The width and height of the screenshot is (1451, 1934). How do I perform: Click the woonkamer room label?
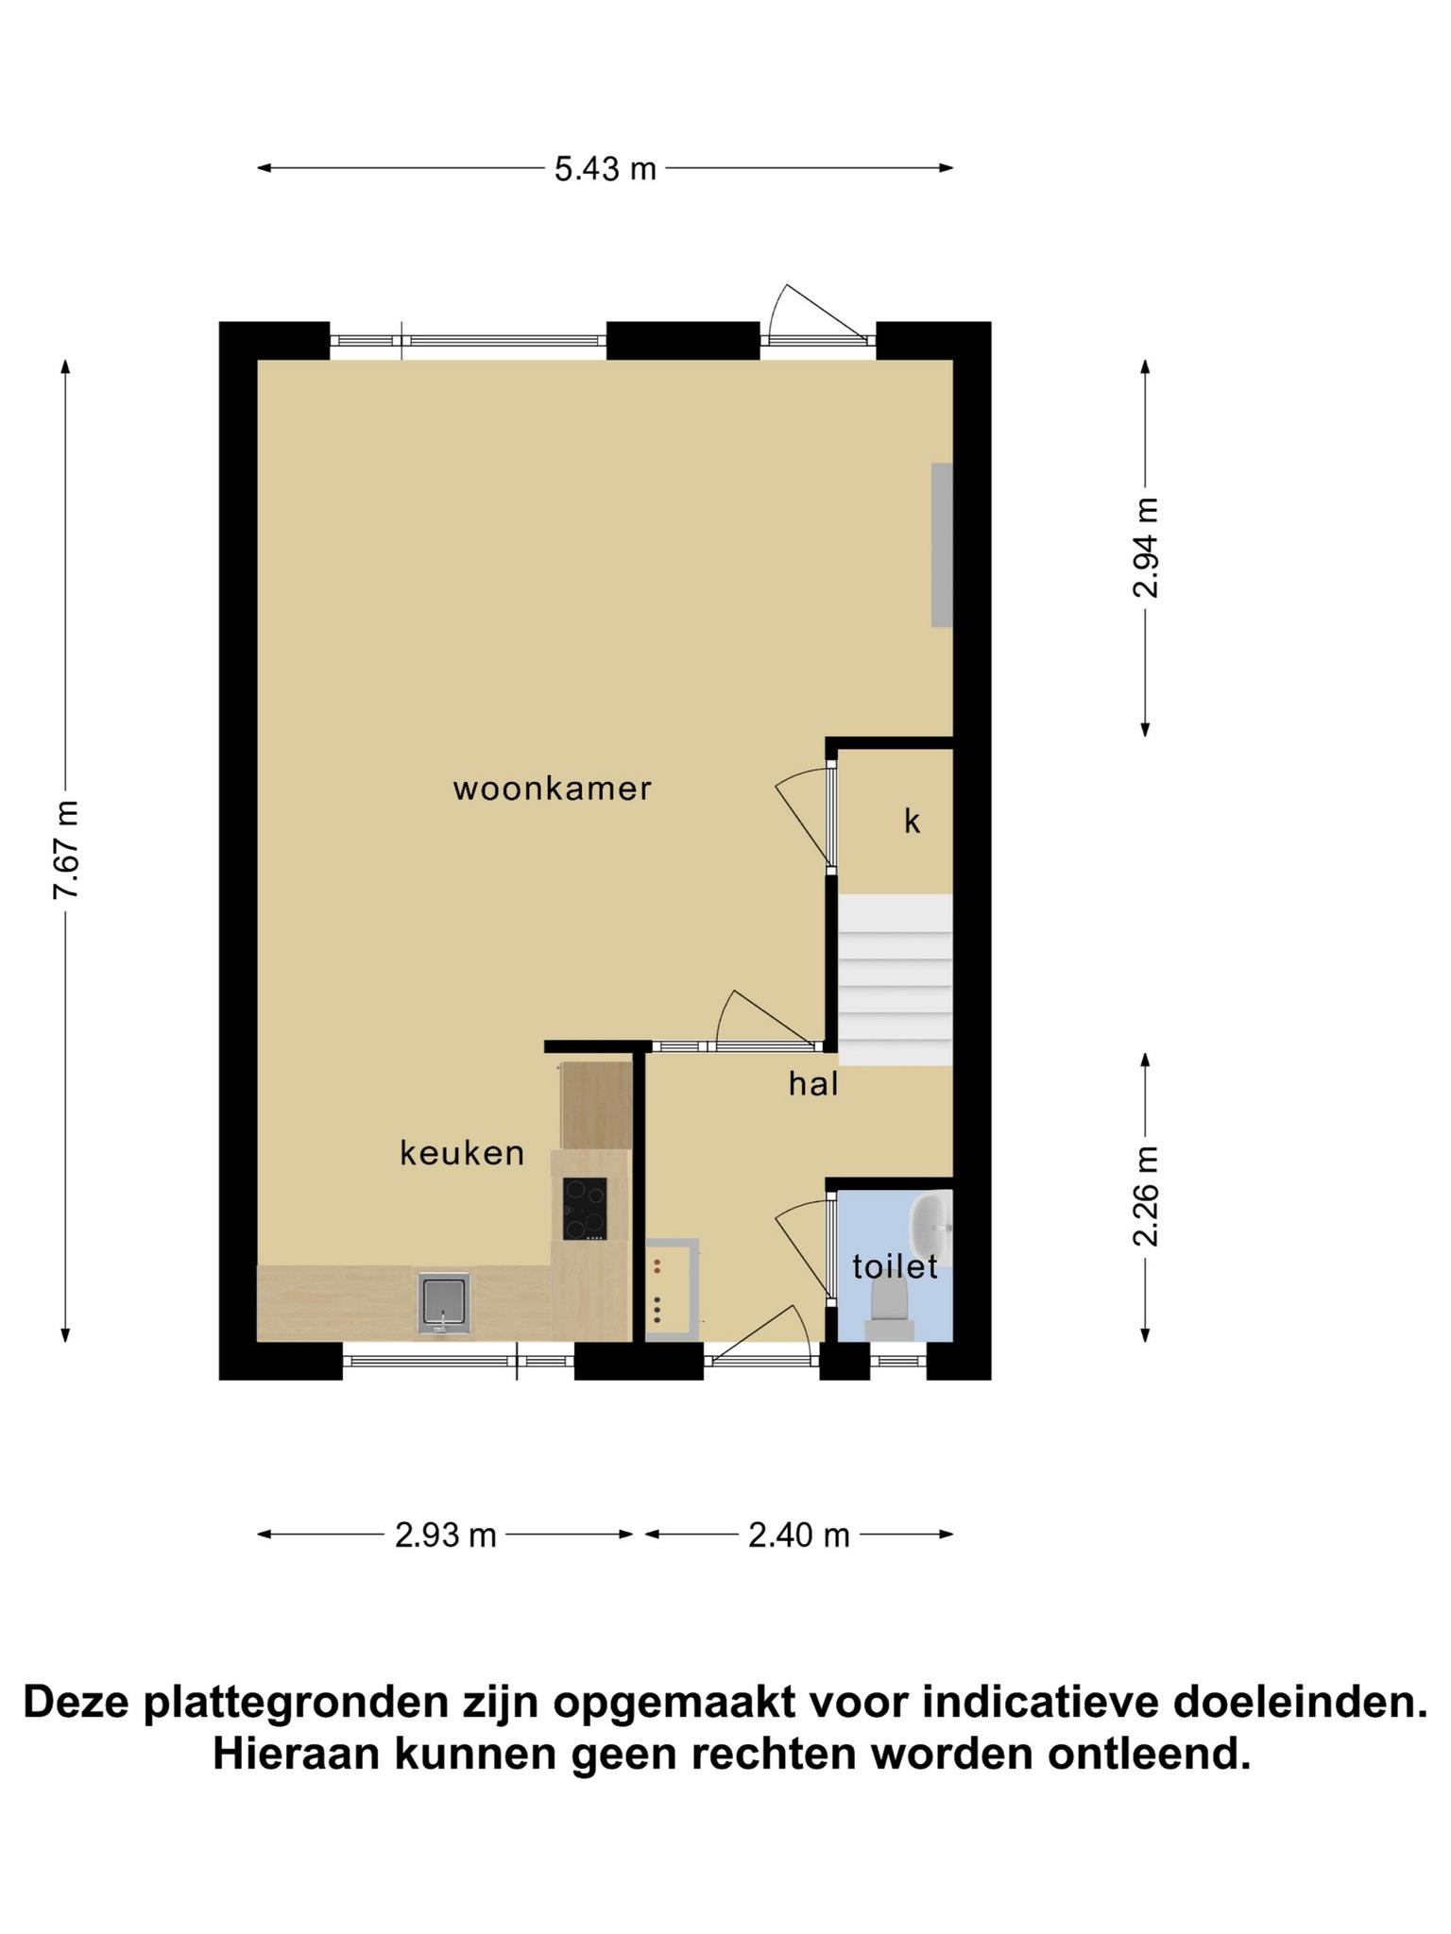pyautogui.click(x=553, y=789)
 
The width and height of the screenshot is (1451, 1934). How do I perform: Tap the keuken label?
pyautogui.click(x=462, y=1153)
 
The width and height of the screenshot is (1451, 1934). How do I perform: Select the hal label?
pyautogui.click(x=813, y=1084)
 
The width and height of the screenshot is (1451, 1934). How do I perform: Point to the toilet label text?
pyautogui.click(x=895, y=1267)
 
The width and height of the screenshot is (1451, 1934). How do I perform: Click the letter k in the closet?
pyautogui.click(x=912, y=822)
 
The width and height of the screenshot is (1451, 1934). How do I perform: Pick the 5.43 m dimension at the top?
pyautogui.click(x=605, y=169)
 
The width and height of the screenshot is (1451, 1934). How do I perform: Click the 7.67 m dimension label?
pyautogui.click(x=65, y=849)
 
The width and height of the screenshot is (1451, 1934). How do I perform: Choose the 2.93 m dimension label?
pyautogui.click(x=445, y=1535)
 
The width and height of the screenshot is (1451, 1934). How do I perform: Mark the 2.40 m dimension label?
pyautogui.click(x=799, y=1535)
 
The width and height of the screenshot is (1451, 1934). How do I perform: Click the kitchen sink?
pyautogui.click(x=443, y=1303)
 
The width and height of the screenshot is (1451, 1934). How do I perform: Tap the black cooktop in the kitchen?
pyautogui.click(x=585, y=1209)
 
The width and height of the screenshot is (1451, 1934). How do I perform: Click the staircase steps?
pyautogui.click(x=895, y=980)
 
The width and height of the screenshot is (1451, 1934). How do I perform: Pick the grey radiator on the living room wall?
pyautogui.click(x=942, y=545)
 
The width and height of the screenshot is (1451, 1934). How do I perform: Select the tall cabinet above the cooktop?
pyautogui.click(x=596, y=1105)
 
